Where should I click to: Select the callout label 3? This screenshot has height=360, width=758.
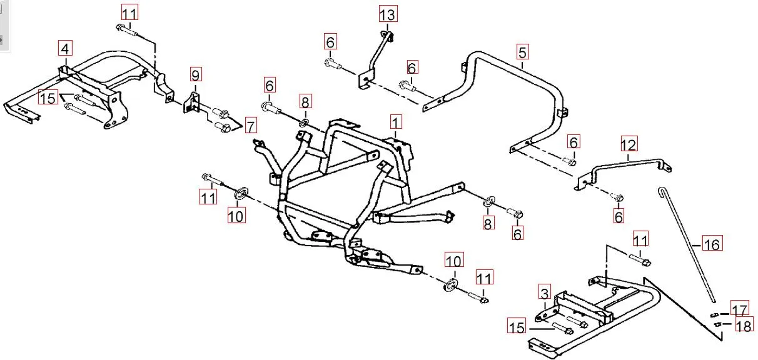(544, 293)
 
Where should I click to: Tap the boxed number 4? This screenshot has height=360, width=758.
(66, 48)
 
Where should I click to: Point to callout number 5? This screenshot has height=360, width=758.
(523, 52)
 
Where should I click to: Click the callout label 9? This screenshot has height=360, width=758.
(196, 76)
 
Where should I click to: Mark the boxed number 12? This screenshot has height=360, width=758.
(629, 144)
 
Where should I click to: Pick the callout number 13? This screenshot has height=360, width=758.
(388, 14)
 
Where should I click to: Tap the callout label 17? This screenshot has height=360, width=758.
(740, 309)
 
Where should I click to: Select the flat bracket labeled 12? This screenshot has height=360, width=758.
(625, 167)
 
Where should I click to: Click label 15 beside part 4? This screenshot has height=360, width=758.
(48, 97)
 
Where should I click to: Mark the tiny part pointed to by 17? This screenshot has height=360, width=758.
(714, 314)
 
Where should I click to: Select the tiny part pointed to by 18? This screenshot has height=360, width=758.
(717, 324)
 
